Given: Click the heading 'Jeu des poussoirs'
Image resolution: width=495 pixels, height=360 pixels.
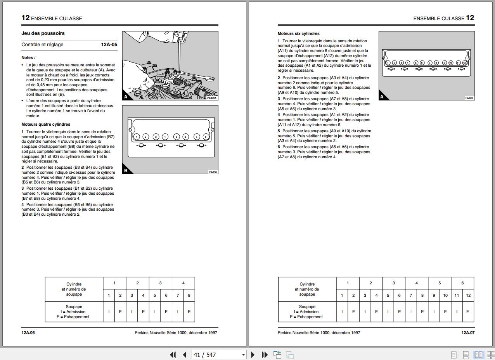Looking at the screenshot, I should click(43, 33).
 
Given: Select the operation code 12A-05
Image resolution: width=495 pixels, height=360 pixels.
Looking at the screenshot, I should click(109, 45).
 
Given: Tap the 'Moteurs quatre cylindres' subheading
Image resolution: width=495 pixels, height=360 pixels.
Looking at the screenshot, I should click(46, 125).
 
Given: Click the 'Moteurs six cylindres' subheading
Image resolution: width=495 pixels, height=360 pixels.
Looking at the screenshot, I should click(299, 34).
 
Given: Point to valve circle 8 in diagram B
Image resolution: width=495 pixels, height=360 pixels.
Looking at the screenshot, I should click(206, 137).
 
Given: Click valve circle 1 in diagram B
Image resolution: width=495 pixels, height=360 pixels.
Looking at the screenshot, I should click(137, 137).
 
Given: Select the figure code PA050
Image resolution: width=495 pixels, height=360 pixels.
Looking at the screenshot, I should click(213, 172).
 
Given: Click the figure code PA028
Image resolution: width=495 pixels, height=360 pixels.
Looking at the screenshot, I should click(469, 98).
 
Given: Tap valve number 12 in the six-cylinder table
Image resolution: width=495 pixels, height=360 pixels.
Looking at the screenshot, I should click(468, 296).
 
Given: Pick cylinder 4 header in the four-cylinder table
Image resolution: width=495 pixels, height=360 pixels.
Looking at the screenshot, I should click(183, 283).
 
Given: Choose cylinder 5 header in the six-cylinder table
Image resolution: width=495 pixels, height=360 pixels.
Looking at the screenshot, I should click(440, 283).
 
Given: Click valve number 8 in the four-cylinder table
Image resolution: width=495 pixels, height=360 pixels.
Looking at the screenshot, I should click(189, 296).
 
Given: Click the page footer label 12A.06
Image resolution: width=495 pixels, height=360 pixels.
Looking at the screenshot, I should click(28, 332).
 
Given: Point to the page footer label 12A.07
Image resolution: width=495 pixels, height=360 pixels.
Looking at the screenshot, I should click(468, 332).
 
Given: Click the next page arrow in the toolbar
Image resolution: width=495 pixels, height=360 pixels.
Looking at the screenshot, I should click(253, 355).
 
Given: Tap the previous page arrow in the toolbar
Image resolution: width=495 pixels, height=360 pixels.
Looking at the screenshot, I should click(185, 355).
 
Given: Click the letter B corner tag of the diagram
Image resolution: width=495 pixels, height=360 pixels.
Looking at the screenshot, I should click(126, 170).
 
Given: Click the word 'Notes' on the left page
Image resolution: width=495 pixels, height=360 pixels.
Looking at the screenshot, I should click(28, 58).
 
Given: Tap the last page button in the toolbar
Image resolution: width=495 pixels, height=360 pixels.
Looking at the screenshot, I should click(265, 355).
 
